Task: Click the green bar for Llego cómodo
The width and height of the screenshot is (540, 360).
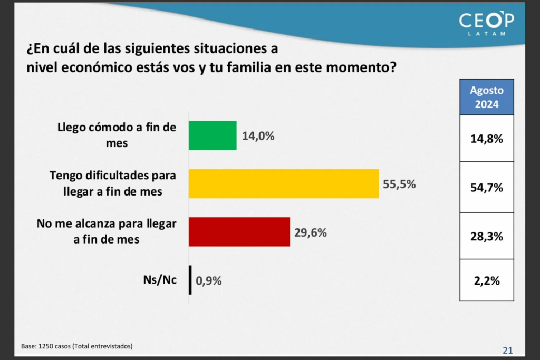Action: pyautogui.click(x=213, y=135)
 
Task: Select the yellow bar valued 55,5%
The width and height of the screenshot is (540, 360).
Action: pyautogui.click(x=284, y=183)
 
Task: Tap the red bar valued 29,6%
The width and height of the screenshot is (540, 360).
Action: pyautogui.click(x=239, y=231)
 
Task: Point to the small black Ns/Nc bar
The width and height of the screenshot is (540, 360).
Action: pyautogui.click(x=190, y=280)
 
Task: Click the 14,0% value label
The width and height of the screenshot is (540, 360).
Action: pyautogui.click(x=258, y=136)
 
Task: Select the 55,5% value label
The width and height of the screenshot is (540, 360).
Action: pyautogui.click(x=399, y=184)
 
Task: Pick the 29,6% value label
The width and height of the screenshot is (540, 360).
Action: pyautogui.click(x=311, y=232)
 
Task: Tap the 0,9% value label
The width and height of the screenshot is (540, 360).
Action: pyautogui.click(x=209, y=280)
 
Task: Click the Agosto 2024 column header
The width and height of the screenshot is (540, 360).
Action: pyautogui.click(x=486, y=97)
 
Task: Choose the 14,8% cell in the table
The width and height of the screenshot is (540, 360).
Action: pyautogui.click(x=486, y=139)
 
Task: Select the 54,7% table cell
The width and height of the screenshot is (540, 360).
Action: pyautogui.click(x=486, y=187)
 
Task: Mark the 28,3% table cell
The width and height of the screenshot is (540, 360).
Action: pyautogui.click(x=486, y=236)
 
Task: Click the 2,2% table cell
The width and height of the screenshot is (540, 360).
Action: pyautogui.click(x=486, y=280)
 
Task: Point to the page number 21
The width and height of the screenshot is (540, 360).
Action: pyautogui.click(x=507, y=350)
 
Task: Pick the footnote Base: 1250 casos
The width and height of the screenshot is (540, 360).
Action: pyautogui.click(x=77, y=346)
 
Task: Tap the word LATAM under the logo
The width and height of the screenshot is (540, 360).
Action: pyautogui.click(x=486, y=34)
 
